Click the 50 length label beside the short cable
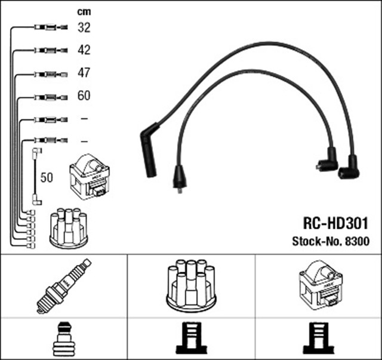[47, 177]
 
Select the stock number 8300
[357, 242]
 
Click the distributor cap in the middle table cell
[190, 284]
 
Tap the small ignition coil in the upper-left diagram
[90, 177]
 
